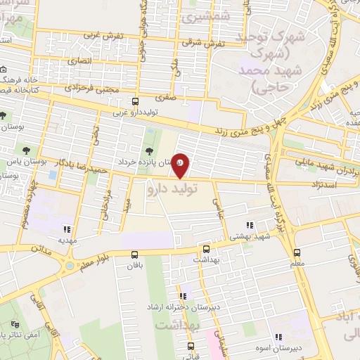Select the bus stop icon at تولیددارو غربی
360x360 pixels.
135,101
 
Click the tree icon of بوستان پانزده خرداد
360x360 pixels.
148,151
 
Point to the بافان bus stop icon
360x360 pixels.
135,254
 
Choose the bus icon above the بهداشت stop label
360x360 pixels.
206,249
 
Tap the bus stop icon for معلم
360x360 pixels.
297,252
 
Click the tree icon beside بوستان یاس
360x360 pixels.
26,150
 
